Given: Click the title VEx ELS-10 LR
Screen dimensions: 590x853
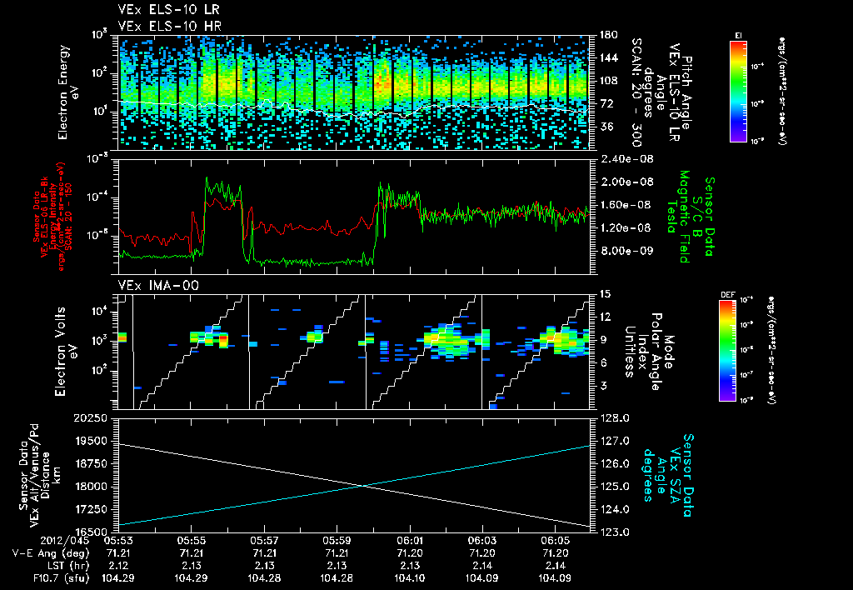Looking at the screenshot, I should (x=162, y=9).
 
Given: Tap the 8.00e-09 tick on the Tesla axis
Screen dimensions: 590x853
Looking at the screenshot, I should (x=623, y=250).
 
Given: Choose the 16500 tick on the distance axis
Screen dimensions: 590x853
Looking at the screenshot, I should (x=92, y=531).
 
